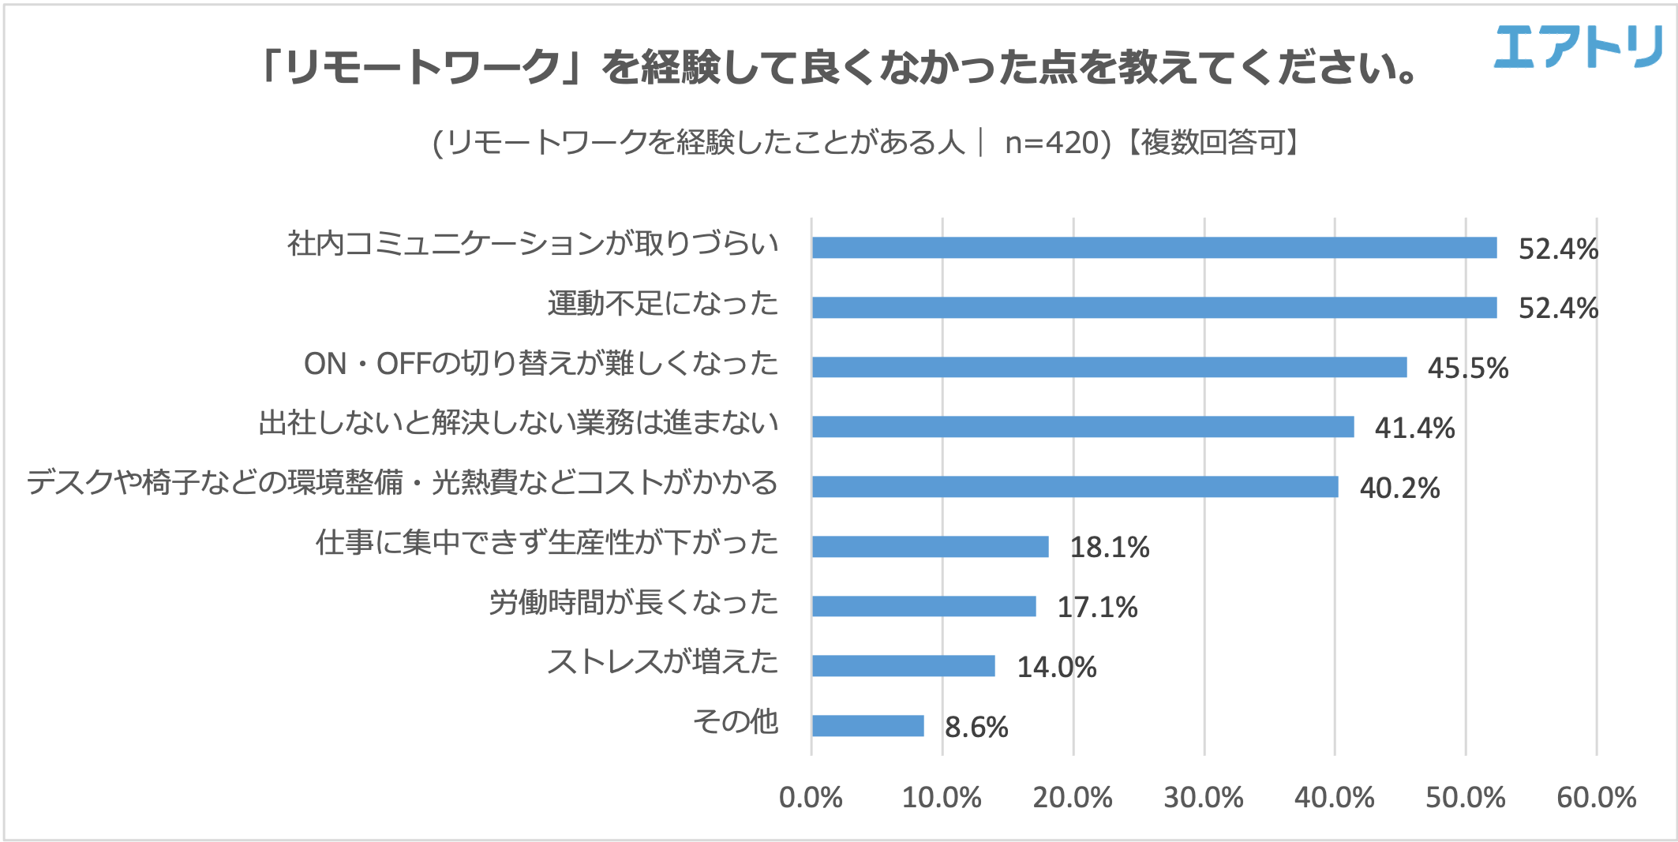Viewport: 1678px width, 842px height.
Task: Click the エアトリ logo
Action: click(1578, 47)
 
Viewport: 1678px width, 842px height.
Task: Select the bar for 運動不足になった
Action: click(1154, 307)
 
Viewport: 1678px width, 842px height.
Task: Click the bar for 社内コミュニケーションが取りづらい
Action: click(1154, 248)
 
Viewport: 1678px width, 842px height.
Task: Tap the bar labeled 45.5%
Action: click(1109, 367)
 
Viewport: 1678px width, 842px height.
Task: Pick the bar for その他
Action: click(867, 725)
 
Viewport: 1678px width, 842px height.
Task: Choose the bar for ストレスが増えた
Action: click(903, 666)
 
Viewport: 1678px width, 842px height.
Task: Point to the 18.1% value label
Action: click(1109, 547)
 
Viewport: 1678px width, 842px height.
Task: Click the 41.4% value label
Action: click(1414, 428)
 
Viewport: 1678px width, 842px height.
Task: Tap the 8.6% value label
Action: click(976, 727)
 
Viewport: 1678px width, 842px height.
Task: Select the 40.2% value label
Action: click(1399, 488)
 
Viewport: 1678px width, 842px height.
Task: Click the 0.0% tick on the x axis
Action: click(811, 798)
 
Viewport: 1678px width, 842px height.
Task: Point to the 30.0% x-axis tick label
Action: click(1203, 798)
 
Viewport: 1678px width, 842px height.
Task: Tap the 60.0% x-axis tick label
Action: click(1596, 798)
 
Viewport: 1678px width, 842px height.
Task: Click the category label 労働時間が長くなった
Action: click(633, 603)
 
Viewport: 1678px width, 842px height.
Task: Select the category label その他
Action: click(735, 721)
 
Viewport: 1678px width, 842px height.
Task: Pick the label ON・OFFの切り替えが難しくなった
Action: click(541, 364)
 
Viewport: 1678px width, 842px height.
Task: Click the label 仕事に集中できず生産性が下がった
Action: click(546, 543)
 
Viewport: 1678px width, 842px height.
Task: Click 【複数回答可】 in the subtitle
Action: click(1212, 143)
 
